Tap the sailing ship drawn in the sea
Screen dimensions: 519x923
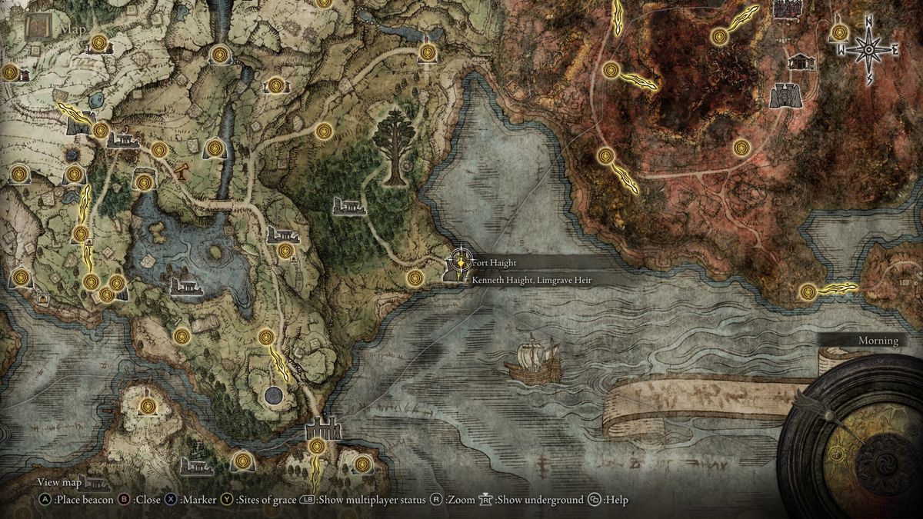531,360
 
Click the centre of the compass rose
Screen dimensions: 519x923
868,50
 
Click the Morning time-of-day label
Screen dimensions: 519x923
878,341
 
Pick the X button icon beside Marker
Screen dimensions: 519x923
171,500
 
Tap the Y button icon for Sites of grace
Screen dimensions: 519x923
227,500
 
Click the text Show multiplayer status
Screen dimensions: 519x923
373,500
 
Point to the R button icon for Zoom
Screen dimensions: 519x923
436,500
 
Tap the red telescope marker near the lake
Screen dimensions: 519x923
182,171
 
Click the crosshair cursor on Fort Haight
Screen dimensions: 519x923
460,261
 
